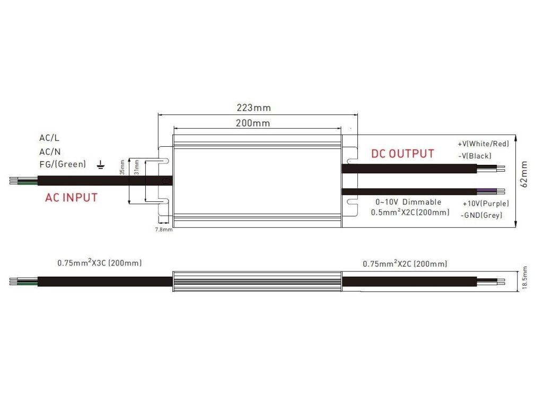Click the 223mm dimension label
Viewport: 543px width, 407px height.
click(253, 108)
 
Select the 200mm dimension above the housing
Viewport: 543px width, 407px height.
click(253, 123)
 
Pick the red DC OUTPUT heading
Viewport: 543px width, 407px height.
click(402, 154)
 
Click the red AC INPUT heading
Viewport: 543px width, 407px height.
click(71, 198)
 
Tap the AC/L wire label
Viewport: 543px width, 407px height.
click(49, 138)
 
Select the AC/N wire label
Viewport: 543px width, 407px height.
click(49, 151)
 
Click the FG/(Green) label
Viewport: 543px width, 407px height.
click(62, 164)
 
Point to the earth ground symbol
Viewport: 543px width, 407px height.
click(101, 165)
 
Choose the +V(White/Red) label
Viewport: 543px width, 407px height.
click(483, 144)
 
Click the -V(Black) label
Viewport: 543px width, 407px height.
click(475, 156)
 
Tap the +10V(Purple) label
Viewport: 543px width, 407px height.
click(486, 203)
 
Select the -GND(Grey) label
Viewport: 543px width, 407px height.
click(481, 215)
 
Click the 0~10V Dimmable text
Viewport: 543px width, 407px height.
click(408, 202)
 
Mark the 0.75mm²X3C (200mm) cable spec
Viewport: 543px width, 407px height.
click(99, 263)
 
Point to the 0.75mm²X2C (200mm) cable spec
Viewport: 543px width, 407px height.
click(405, 263)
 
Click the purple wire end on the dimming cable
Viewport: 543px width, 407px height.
click(485, 191)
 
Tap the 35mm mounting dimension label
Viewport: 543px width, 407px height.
click(122, 167)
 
